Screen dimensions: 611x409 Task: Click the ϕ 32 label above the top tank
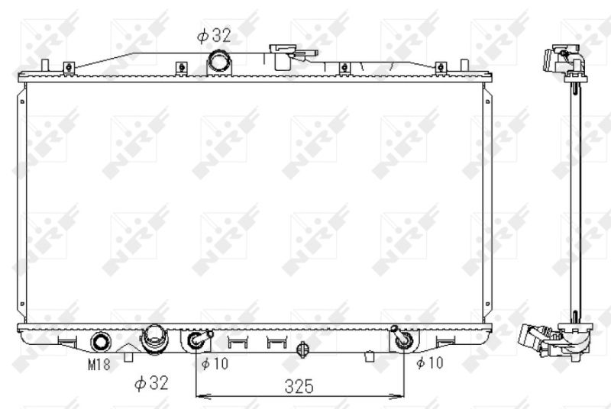coord(214,35)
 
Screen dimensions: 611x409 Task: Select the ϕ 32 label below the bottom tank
coord(151,383)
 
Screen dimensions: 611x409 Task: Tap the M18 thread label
coord(99,364)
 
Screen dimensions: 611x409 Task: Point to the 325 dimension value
coord(299,386)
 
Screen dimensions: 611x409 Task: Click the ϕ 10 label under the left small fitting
coord(215,363)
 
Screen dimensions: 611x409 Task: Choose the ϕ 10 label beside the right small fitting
coord(430,362)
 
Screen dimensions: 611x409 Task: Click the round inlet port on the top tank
coord(219,61)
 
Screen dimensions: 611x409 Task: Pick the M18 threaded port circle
coord(101,342)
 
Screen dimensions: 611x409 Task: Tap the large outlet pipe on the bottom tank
coord(155,340)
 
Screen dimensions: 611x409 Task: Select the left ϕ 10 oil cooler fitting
coord(199,340)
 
